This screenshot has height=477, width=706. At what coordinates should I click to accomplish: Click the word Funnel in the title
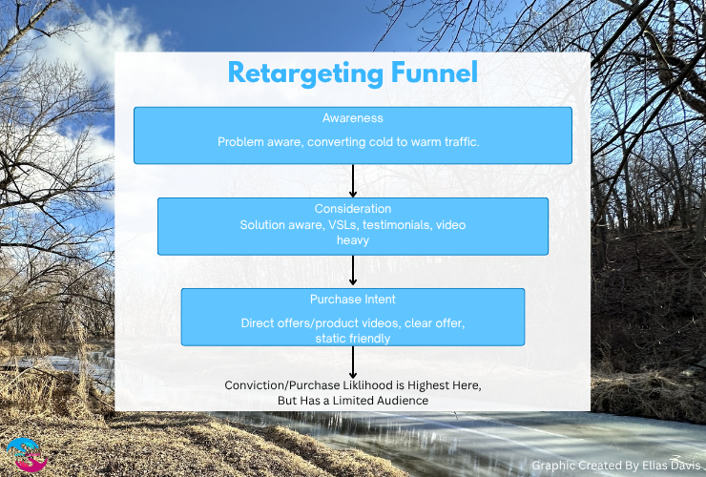pos(429,73)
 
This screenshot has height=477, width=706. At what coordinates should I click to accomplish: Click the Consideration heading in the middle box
pos(352,209)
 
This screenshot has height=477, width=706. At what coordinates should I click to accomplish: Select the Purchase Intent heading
pos(352,300)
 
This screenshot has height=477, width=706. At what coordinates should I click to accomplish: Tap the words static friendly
pos(352,338)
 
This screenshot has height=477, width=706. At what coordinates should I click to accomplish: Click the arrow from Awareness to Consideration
pos(353,180)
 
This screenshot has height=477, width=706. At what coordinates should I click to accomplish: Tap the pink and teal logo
pos(25,455)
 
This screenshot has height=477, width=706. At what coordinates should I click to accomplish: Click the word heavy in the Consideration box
pos(352,240)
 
